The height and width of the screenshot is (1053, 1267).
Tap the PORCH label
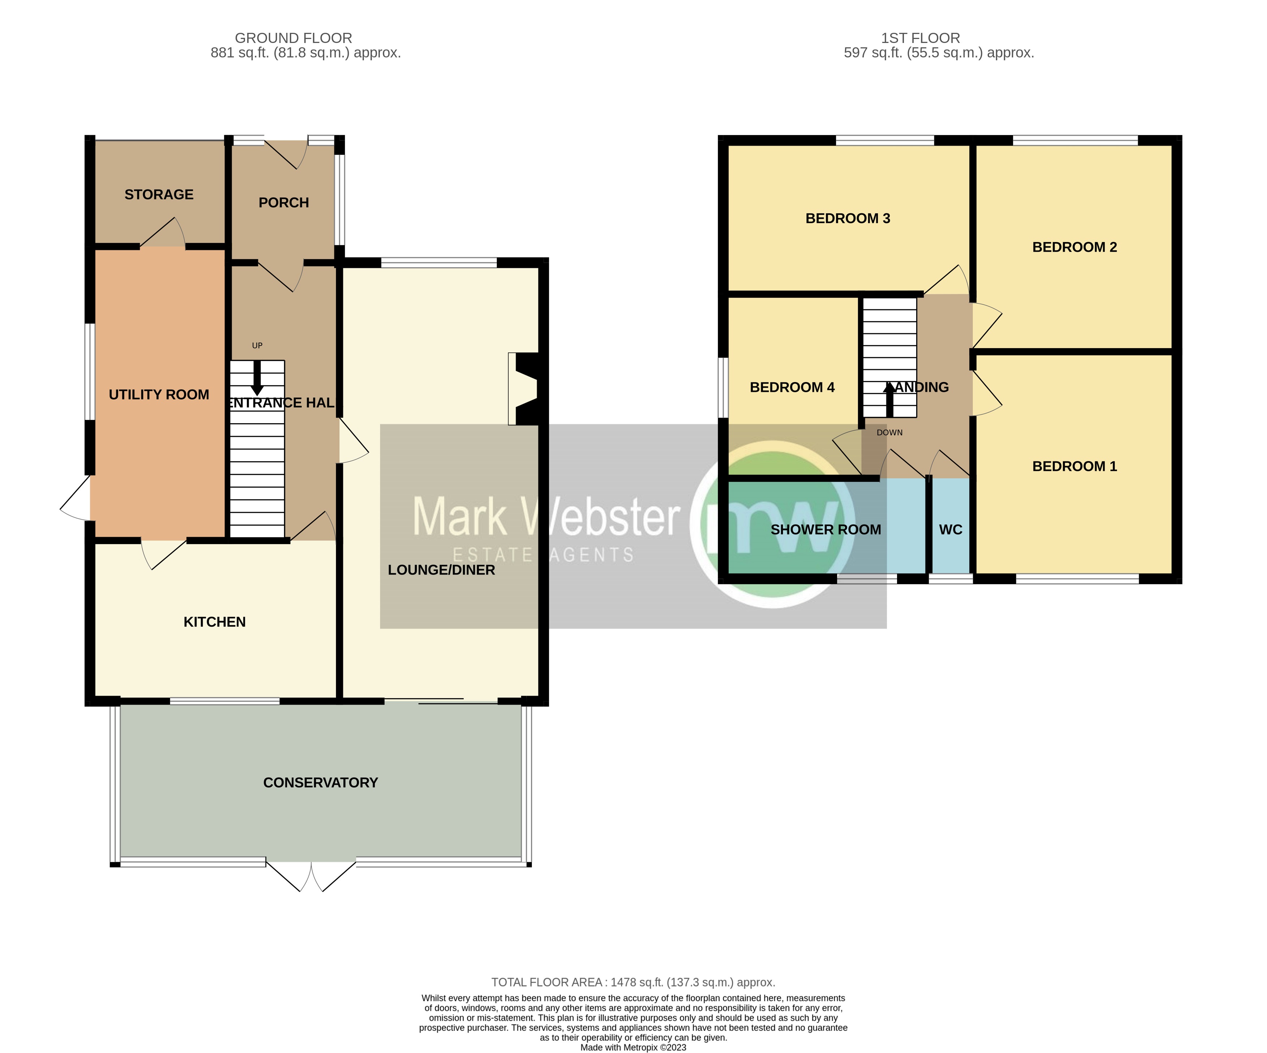tap(284, 203)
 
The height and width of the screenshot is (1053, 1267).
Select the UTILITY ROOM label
tap(159, 394)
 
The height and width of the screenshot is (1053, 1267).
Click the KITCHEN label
tap(214, 622)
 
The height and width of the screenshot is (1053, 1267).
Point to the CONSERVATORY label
tap(320, 782)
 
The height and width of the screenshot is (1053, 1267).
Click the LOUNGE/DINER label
tap(441, 570)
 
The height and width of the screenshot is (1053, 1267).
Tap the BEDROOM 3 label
tap(848, 218)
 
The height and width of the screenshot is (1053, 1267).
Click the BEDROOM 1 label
tap(1074, 466)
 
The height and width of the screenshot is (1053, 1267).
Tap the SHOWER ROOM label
tap(826, 529)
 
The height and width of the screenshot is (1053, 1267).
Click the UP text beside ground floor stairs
tap(257, 346)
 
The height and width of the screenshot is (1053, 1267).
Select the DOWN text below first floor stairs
tap(889, 432)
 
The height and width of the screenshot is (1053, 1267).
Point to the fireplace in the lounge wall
tap(522, 389)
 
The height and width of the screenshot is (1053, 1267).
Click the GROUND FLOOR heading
tap(293, 38)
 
